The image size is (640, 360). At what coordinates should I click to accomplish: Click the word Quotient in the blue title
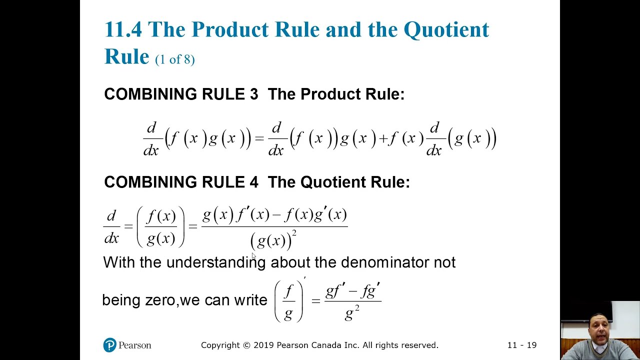(x=446, y=30)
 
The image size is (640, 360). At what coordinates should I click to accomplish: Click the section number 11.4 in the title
(x=123, y=30)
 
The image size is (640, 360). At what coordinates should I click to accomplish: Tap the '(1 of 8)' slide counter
(x=174, y=59)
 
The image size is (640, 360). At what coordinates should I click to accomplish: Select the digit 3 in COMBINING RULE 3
(x=253, y=94)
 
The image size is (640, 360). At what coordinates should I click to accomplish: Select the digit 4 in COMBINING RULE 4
(x=253, y=182)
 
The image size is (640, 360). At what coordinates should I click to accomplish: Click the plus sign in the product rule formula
(x=383, y=138)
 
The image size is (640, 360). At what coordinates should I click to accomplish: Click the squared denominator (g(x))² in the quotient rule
(x=273, y=240)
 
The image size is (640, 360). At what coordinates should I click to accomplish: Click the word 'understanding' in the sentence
(x=216, y=262)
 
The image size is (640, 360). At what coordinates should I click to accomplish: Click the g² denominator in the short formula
(x=352, y=313)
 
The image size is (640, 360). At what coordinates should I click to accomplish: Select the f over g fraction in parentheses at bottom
(x=288, y=301)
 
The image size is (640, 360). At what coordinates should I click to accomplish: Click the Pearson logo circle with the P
(x=110, y=345)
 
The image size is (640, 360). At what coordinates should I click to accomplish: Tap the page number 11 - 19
(x=521, y=345)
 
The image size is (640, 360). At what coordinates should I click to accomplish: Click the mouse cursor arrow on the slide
(x=254, y=256)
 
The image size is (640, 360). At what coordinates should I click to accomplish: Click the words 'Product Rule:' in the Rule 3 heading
(x=352, y=94)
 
